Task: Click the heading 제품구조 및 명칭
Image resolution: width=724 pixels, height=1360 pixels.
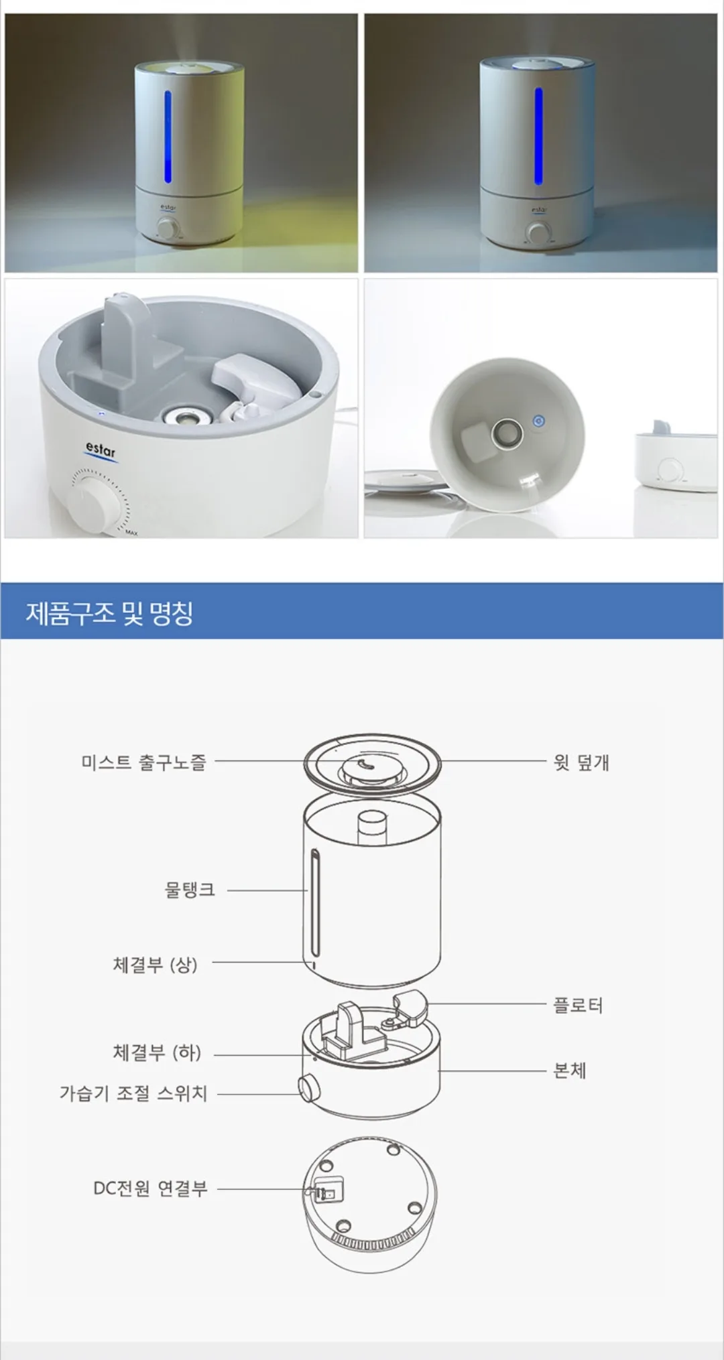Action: coord(109,612)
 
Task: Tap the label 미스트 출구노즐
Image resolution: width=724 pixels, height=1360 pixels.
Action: coord(143,762)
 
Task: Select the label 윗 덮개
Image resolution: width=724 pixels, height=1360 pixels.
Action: coord(581,762)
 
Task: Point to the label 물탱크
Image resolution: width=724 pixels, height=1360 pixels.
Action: coord(190,890)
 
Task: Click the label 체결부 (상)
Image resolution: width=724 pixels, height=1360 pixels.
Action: coord(155,964)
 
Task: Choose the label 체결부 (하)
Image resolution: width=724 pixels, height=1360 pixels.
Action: coord(157,1052)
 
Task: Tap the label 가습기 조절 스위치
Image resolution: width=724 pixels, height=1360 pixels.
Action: coord(133,1093)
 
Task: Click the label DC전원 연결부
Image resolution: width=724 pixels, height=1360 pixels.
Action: coord(150,1188)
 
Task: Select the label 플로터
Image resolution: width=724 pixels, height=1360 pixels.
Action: coord(578,1005)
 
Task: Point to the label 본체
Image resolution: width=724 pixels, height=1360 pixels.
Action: coord(570,1070)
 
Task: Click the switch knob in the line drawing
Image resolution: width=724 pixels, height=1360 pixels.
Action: coord(309,1088)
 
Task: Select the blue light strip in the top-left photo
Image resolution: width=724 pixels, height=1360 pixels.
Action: coord(168,137)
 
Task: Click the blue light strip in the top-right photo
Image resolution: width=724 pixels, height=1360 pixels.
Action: coord(538,136)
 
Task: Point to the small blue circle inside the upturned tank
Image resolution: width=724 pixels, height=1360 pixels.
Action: coord(538,421)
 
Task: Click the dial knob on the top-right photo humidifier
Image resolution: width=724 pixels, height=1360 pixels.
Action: coord(536,233)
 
